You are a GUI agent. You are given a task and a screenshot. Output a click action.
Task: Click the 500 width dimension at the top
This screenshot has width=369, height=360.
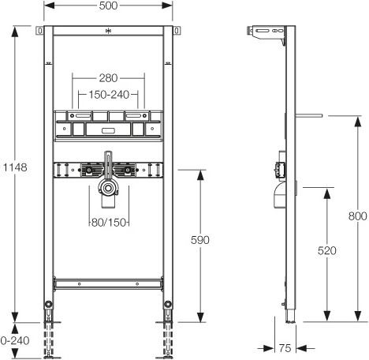tap(108, 6)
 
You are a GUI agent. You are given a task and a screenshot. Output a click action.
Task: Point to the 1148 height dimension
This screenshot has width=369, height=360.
tap(15, 167)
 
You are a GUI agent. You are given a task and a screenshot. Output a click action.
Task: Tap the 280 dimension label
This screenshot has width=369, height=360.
tap(108, 78)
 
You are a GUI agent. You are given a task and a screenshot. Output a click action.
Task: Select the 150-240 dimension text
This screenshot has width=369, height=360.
tap(109, 95)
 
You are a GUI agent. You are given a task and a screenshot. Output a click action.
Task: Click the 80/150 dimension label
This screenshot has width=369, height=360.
tap(109, 223)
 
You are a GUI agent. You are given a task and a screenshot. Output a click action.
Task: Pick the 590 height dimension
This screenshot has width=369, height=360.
tap(200, 240)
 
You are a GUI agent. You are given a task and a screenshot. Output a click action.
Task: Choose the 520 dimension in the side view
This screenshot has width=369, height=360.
tap(327, 250)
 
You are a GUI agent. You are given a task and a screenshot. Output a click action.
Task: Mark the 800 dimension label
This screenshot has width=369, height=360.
tap(358, 216)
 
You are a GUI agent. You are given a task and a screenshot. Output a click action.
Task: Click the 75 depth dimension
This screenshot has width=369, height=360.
tap(285, 348)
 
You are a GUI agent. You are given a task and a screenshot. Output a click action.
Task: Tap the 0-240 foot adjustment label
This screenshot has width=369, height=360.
tap(15, 341)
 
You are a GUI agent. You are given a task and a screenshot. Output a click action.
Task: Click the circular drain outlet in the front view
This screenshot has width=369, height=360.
tap(108, 189)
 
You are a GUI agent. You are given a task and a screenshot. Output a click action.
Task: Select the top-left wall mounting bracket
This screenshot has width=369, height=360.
tap(39, 31)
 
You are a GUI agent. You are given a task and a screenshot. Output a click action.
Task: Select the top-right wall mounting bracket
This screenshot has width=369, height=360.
tap(177, 31)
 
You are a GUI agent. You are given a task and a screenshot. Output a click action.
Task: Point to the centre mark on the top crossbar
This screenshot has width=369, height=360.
tap(108, 31)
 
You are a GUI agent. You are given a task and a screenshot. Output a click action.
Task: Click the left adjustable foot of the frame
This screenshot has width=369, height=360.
tap(49, 330)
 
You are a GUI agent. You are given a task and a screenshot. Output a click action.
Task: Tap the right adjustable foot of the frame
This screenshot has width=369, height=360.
tap(167, 330)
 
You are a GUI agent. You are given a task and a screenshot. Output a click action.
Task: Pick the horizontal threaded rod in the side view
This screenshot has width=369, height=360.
tap(309, 115)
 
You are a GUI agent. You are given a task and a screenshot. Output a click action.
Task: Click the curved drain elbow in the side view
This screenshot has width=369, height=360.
tap(280, 195)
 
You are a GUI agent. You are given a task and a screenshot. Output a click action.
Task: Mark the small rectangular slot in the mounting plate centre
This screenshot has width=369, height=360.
tap(108, 131)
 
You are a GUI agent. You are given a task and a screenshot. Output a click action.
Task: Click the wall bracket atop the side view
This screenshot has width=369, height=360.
tap(266, 33)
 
